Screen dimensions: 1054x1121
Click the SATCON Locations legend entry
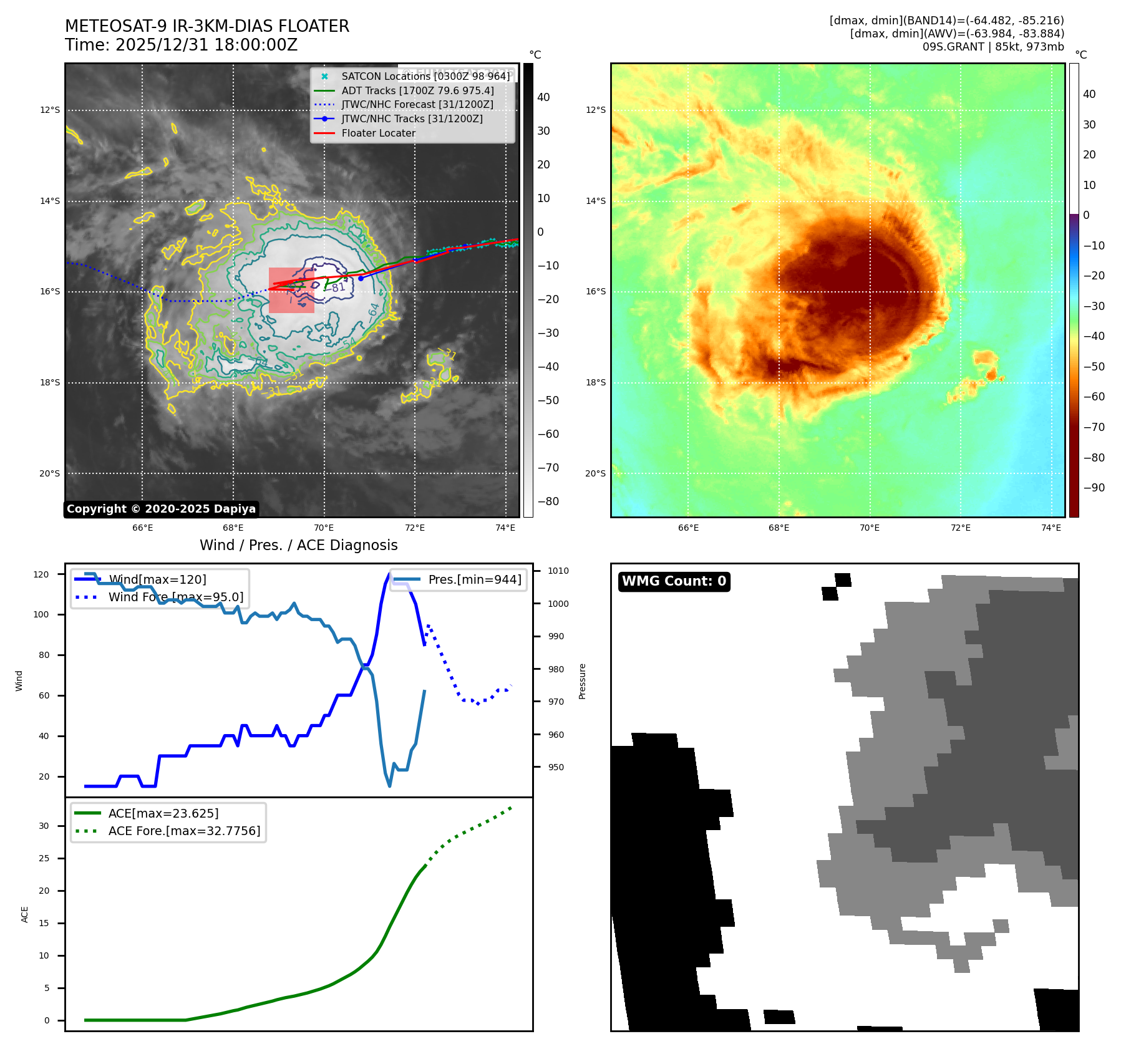coord(425,76)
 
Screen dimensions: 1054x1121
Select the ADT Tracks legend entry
coord(417,90)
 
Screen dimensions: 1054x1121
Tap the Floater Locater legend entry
coord(378,133)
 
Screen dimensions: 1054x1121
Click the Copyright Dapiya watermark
coord(161,509)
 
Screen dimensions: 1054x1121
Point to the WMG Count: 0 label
coord(674,581)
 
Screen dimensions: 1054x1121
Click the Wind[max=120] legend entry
coord(157,579)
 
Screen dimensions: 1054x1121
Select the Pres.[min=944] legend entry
coord(474,579)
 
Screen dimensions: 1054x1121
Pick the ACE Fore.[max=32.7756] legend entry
coord(184,831)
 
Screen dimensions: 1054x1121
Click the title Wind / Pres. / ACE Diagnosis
coord(298,545)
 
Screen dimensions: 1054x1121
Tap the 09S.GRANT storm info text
coord(993,47)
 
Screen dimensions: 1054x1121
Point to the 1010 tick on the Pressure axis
coord(558,571)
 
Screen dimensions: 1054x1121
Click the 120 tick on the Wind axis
coord(41,574)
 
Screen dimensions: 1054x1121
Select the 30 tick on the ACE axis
coord(44,826)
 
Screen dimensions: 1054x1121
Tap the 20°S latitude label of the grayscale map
coord(50,473)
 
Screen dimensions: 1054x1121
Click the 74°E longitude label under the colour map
coord(1051,528)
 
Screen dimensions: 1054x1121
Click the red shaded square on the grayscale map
coord(291,291)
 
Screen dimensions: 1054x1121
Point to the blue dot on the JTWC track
coord(361,278)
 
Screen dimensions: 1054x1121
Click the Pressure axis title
coord(582,681)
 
